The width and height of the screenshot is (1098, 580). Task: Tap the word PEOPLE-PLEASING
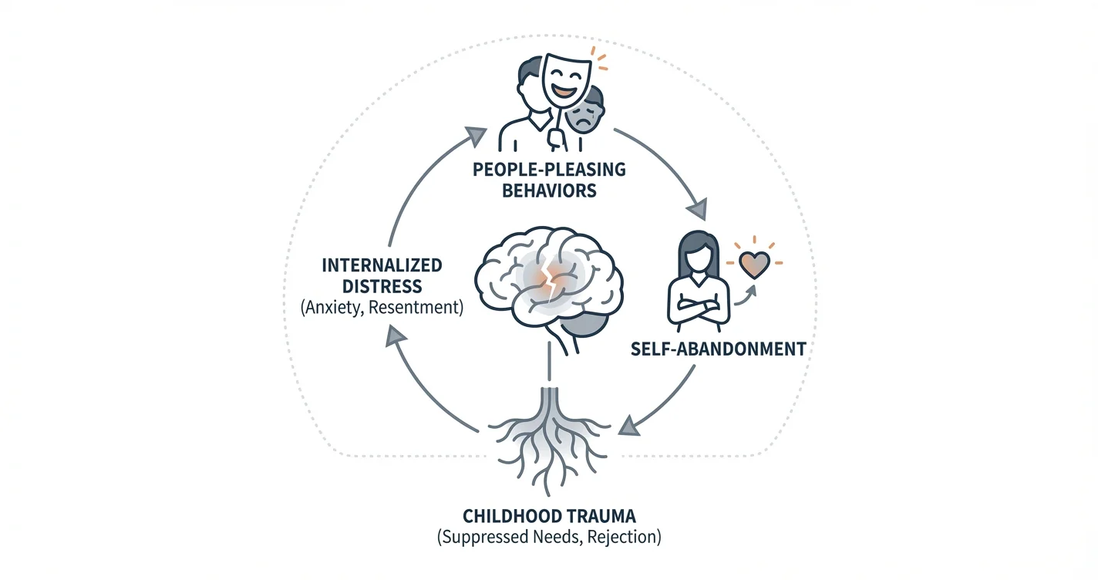[549, 169]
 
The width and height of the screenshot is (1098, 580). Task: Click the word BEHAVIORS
[549, 191]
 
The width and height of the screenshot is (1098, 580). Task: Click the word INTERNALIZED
[381, 265]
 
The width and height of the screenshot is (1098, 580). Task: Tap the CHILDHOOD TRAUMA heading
[549, 514]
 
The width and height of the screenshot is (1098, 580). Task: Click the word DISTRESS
[381, 287]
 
